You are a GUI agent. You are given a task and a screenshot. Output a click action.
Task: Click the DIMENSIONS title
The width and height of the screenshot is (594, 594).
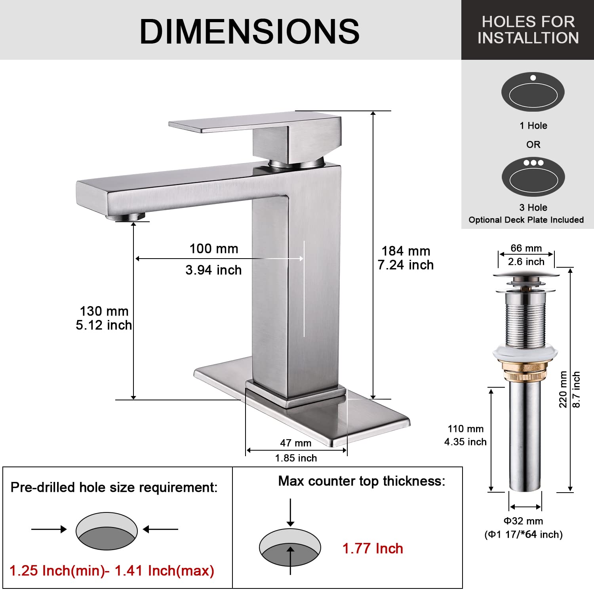[249, 32]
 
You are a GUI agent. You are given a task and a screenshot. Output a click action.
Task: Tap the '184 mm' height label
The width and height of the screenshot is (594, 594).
[406, 251]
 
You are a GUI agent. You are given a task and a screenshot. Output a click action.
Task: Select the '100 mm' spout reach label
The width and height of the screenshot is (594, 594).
[214, 249]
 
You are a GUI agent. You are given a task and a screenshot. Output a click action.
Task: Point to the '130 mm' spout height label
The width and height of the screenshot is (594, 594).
[104, 311]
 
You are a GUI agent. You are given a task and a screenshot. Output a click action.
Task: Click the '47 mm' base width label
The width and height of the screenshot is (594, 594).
[296, 443]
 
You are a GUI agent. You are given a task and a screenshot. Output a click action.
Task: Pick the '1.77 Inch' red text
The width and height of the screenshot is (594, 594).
[373, 548]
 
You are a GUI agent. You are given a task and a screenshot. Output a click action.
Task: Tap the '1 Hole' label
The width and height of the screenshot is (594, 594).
[533, 126]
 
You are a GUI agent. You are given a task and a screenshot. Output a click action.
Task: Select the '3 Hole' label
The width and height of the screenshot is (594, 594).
[533, 208]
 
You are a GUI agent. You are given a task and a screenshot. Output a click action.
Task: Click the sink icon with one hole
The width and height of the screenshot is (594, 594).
[533, 92]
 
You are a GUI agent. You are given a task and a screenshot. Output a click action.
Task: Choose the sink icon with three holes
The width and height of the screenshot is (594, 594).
[533, 177]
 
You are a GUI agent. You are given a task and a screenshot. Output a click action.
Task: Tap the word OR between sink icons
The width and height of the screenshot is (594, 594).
[533, 145]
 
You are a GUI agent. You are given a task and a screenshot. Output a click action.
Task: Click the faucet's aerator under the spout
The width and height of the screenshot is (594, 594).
[126, 216]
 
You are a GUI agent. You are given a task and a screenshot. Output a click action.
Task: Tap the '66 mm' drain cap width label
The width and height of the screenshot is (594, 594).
[526, 248]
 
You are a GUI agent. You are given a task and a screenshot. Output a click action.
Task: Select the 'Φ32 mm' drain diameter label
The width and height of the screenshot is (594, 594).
[523, 521]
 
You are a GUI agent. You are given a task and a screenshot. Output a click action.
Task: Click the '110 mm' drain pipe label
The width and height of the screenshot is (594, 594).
[466, 429]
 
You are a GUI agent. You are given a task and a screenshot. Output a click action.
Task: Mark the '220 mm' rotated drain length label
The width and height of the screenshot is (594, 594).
[563, 389]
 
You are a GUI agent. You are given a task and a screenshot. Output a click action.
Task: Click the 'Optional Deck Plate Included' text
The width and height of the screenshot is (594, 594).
[526, 220]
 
